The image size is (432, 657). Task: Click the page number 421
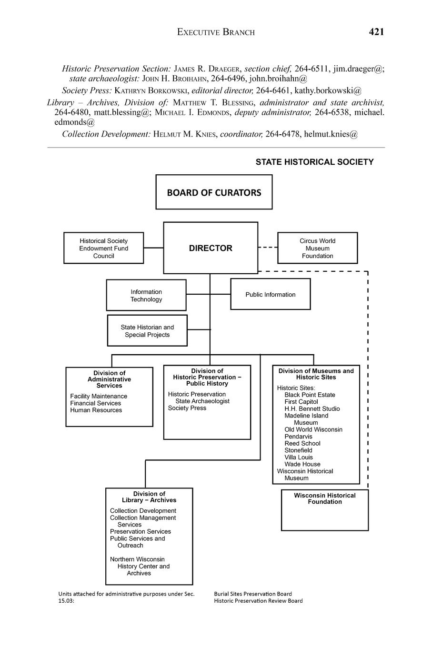pyautogui.click(x=376, y=32)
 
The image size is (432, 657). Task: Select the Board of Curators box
pyautogui.click(x=214, y=192)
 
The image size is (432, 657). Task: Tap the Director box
pyautogui.click(x=211, y=248)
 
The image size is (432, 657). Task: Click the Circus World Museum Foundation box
pyautogui.click(x=317, y=248)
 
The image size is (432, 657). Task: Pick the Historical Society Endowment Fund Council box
pyautogui.click(x=103, y=248)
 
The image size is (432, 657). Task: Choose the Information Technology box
pyautogui.click(x=146, y=295)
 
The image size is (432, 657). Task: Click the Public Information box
pyautogui.click(x=270, y=294)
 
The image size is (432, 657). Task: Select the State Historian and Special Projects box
pyautogui.click(x=147, y=330)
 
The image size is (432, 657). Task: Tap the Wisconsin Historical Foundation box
pyautogui.click(x=324, y=510)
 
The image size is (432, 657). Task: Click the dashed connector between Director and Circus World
pyautogui.click(x=268, y=248)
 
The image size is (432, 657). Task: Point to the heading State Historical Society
pyautogui.click(x=314, y=162)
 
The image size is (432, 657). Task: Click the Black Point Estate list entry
pyautogui.click(x=310, y=395)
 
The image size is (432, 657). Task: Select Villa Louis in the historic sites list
pyautogui.click(x=299, y=457)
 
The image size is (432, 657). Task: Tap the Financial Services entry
pyautogui.click(x=96, y=403)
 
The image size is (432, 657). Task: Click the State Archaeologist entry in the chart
pyautogui.click(x=202, y=401)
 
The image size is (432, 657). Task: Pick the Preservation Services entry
pyautogui.click(x=140, y=531)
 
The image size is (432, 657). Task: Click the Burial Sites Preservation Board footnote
pyautogui.click(x=253, y=594)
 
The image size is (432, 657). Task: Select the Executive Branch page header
pyautogui.click(x=216, y=32)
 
